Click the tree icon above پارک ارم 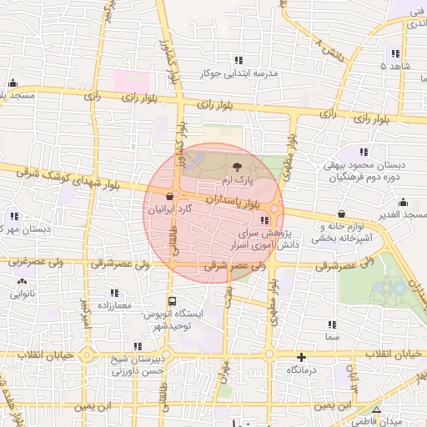point(238,166)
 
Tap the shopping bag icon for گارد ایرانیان point(170,196)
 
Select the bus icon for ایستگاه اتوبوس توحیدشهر point(172,300)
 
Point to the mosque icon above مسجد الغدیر point(403,202)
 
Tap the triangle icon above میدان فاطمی point(377,409)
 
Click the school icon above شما point(332,324)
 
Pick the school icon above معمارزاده point(114,293)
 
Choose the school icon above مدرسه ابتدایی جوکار point(239,60)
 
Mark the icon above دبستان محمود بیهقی point(364,152)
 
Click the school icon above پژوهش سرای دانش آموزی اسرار point(265,220)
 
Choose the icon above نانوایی point(23,282)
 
